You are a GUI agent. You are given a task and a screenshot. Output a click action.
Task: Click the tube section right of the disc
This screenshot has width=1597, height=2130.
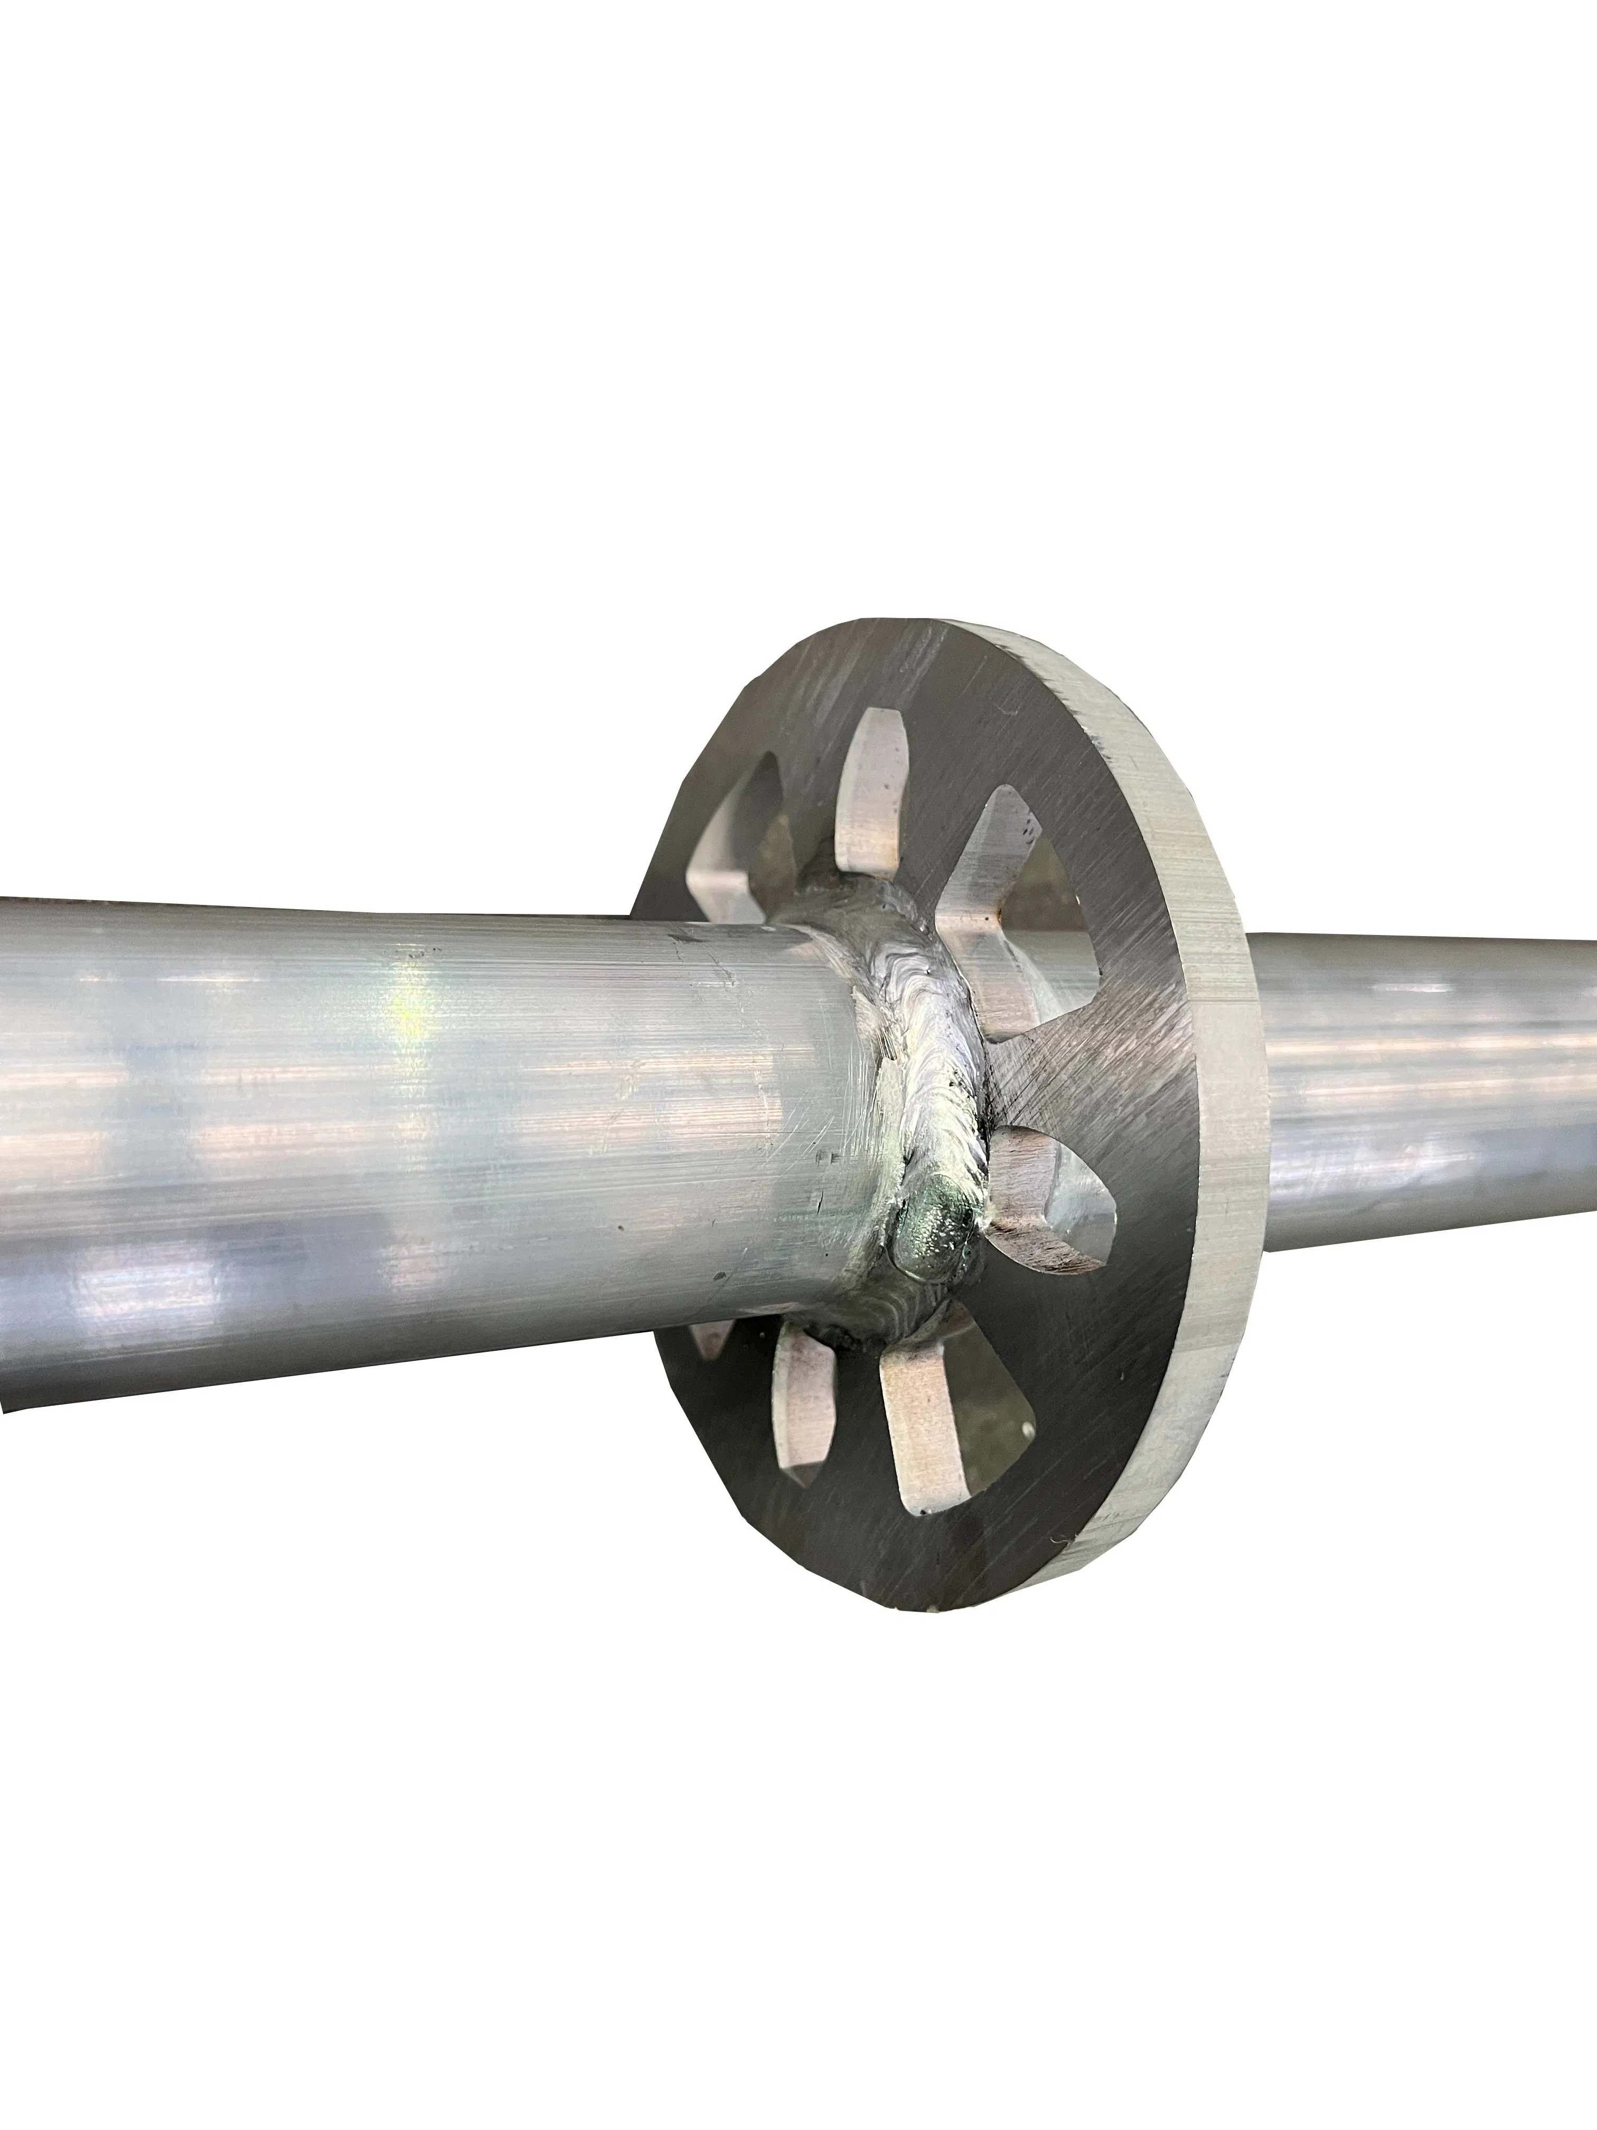pyautogui.click(x=1425, y=1069)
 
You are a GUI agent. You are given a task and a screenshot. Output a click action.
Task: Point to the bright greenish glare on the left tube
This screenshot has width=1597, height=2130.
pyautogui.click(x=409, y=1021)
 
